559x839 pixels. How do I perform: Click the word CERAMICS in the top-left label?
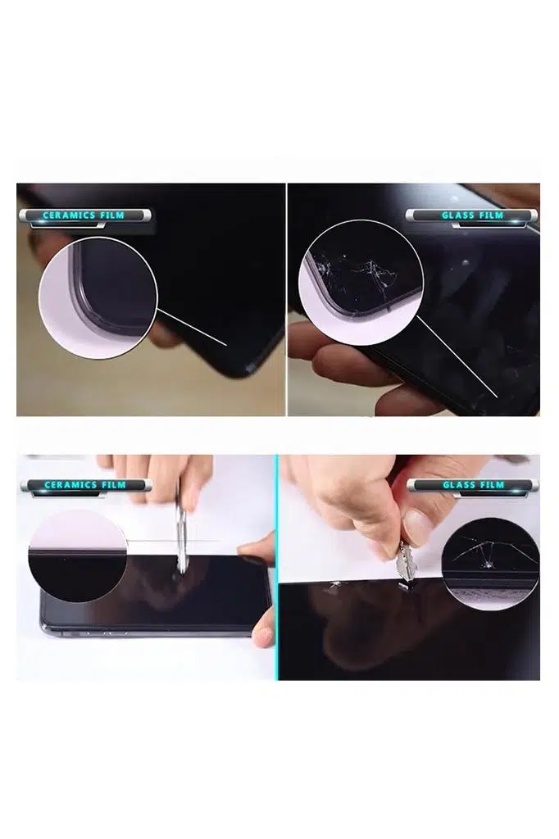(70, 215)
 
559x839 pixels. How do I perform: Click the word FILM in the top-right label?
(490, 215)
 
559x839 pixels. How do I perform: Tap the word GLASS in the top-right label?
(457, 215)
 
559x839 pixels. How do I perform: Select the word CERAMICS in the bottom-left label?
(70, 485)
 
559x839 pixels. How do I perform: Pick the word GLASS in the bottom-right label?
(458, 485)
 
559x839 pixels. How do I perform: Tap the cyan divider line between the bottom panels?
(277, 567)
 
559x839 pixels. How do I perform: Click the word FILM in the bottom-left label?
(113, 485)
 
